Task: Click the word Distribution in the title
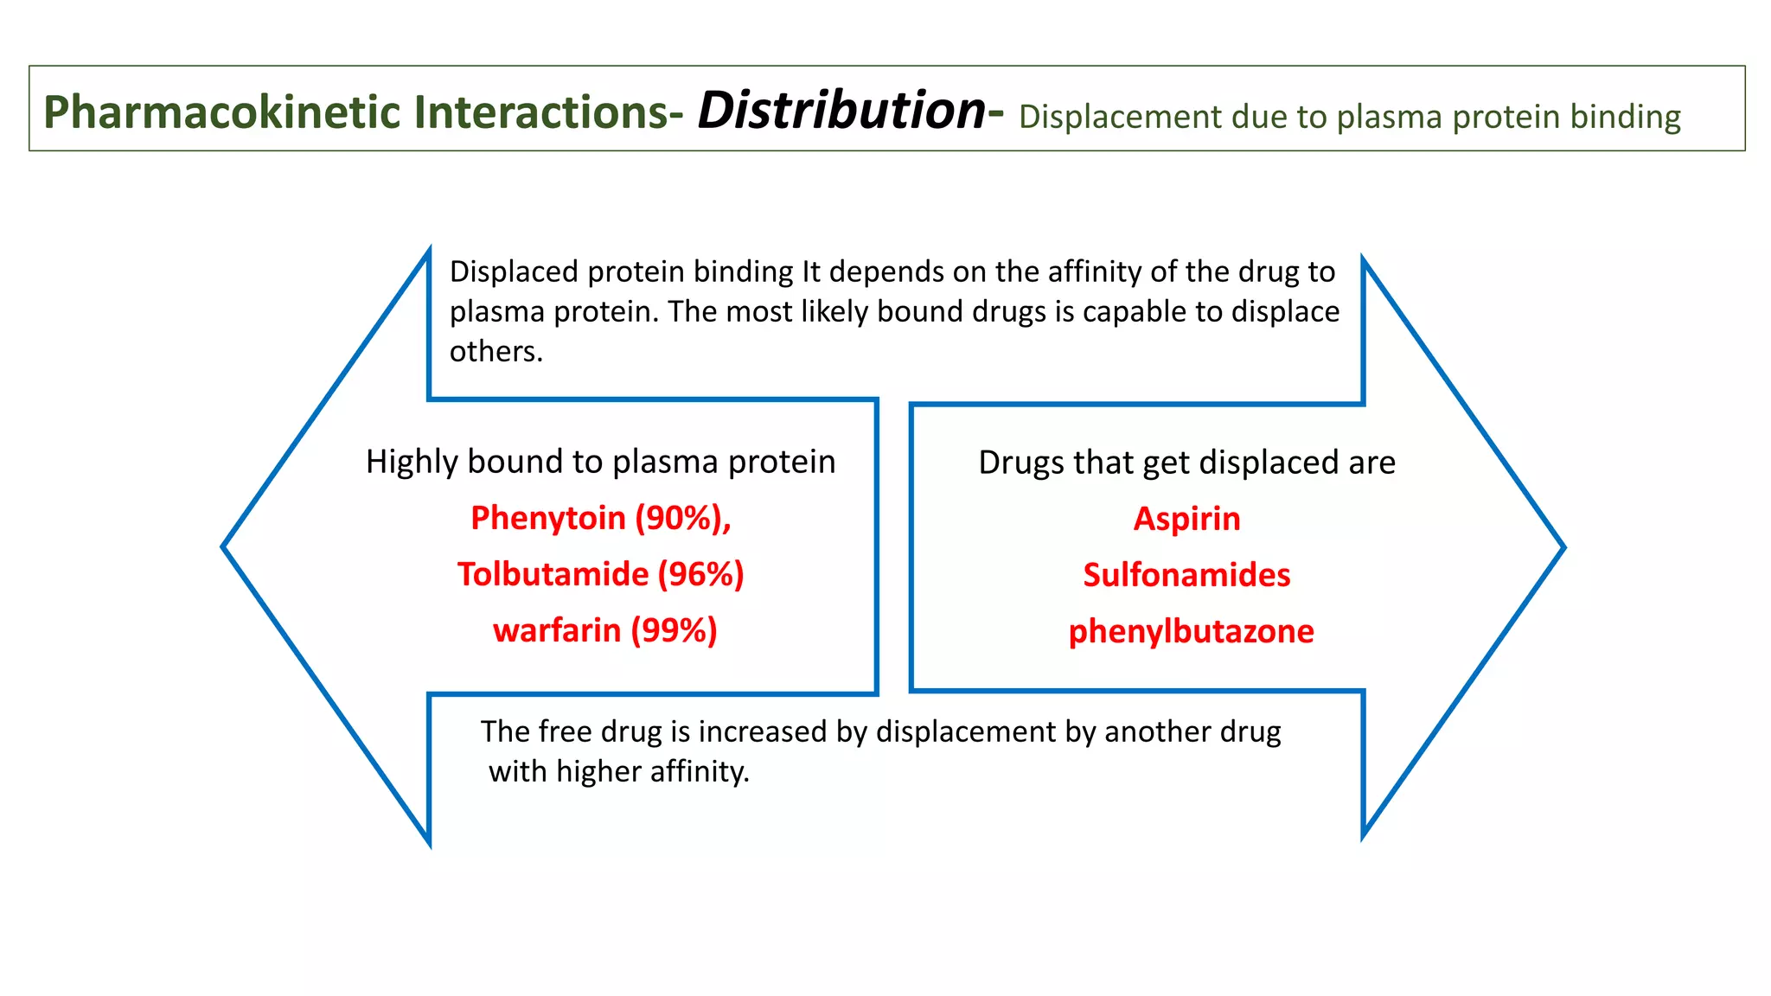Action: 841,111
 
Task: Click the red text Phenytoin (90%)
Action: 600,518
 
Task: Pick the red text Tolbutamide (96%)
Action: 600,574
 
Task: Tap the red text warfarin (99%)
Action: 604,630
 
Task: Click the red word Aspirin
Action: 1186,519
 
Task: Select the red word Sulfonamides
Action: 1186,575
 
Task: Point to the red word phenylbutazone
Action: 1191,631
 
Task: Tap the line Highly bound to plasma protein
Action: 600,462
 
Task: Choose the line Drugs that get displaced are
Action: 1186,463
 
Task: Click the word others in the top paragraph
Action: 495,352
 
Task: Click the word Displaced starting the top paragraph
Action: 514,271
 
